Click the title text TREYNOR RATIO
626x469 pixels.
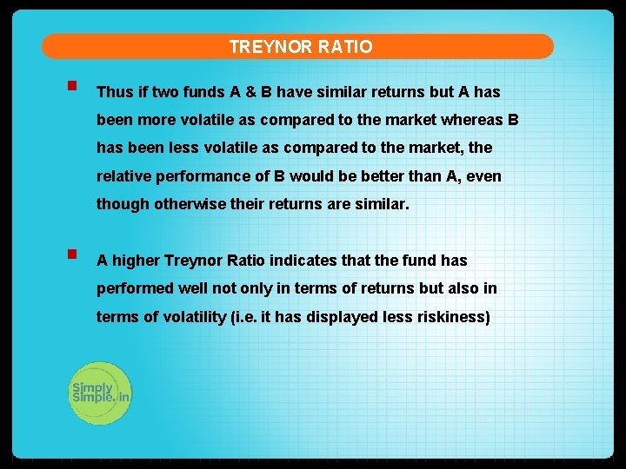(301, 47)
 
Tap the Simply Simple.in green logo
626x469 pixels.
(100, 393)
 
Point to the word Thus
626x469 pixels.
(113, 92)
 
